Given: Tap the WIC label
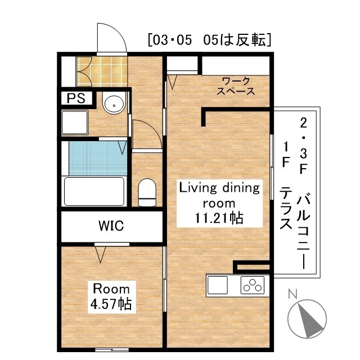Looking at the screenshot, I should click(111, 226).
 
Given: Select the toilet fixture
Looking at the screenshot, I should click(147, 191).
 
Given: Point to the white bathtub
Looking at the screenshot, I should click(94, 191).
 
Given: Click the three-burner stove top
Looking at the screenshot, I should click(253, 285).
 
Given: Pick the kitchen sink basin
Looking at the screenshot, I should click(218, 285).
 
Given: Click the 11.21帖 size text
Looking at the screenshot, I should click(219, 218).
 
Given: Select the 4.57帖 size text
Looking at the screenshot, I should click(111, 305).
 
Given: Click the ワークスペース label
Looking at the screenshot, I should click(236, 85).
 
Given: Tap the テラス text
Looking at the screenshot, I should click(286, 209).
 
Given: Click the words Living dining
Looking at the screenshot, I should click(219, 188).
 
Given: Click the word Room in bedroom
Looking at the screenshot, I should click(110, 289).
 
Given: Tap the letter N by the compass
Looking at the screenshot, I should click(292, 294).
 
